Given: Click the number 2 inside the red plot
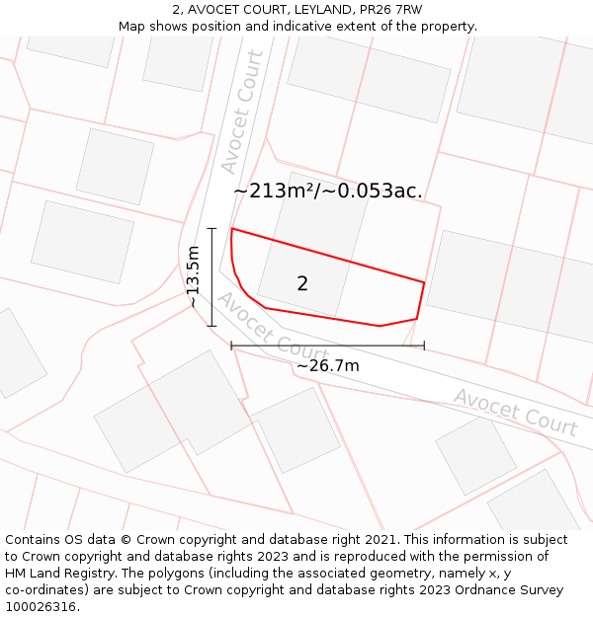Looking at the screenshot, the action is (302, 284).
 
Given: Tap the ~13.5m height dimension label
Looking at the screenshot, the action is (194, 277).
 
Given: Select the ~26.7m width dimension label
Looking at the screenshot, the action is (328, 366).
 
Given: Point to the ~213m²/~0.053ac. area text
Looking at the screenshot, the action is (327, 192).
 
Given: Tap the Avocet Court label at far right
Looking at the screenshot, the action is (515, 412).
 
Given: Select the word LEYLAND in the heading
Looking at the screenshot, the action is (318, 10).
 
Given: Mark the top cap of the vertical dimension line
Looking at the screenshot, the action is (212, 228).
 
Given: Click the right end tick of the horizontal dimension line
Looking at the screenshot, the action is (424, 346).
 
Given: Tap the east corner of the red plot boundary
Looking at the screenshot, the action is (424, 283).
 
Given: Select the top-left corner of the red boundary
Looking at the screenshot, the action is (231, 229).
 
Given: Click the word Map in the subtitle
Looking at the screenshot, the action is (132, 27).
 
